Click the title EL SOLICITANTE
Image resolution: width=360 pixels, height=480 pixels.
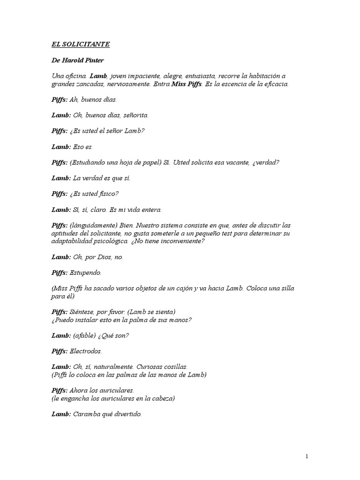[x=80, y=45]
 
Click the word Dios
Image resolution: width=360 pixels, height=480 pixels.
[x=103, y=257]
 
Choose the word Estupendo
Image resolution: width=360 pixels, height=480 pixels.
[x=85, y=272]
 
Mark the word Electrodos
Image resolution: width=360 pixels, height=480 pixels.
[x=85, y=351]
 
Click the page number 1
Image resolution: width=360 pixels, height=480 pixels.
[x=307, y=457]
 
